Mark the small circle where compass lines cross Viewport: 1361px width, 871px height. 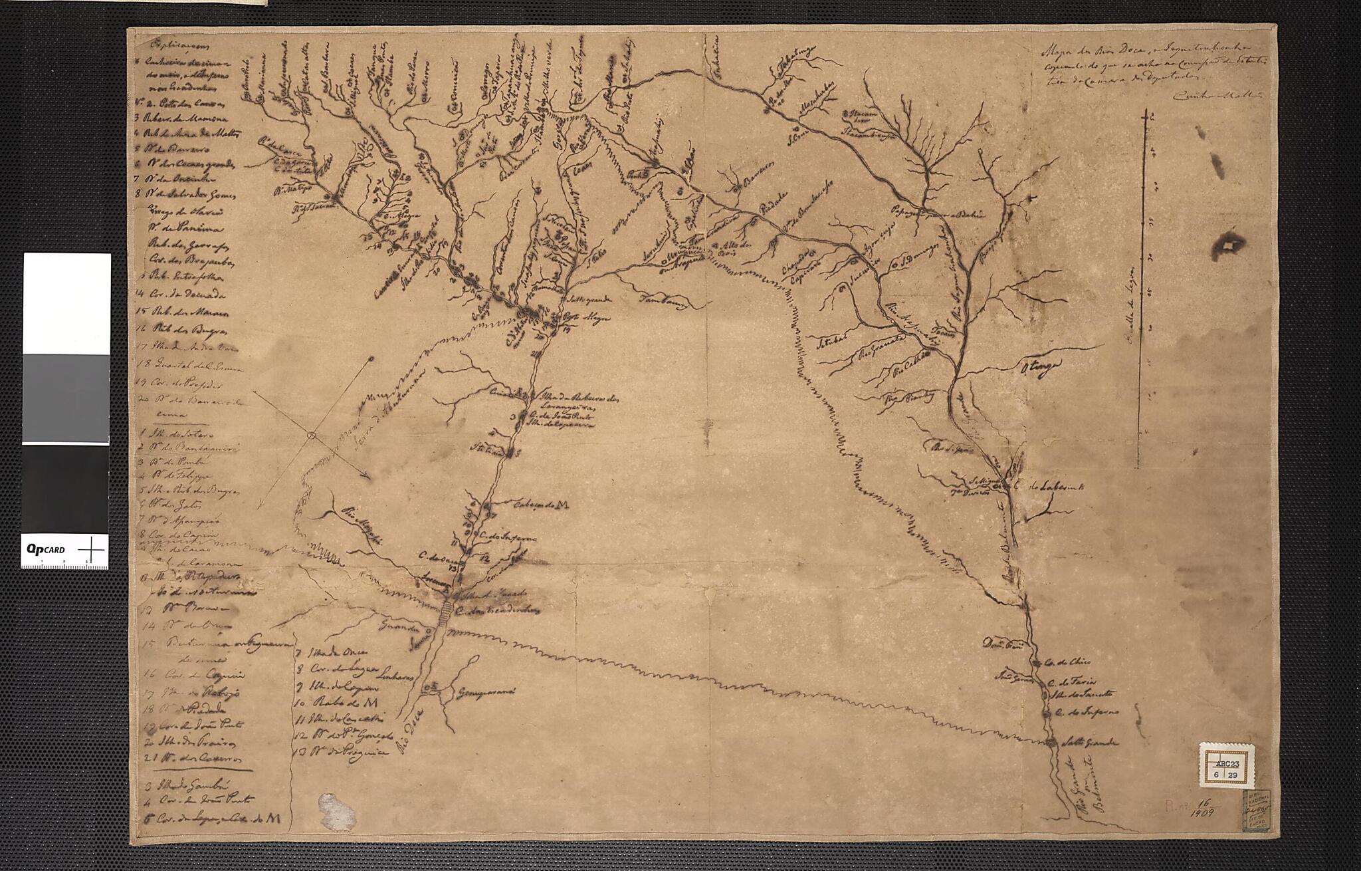click(x=310, y=435)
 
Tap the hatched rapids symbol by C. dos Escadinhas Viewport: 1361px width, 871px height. click(x=443, y=613)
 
